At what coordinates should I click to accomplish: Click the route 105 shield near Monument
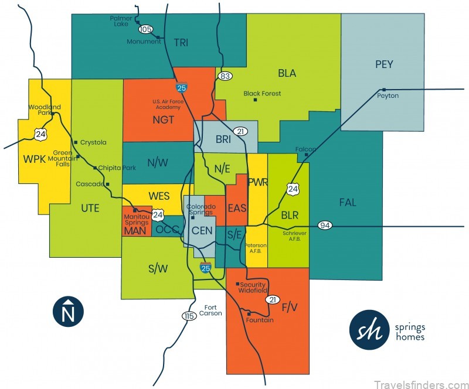pyautogui.click(x=145, y=29)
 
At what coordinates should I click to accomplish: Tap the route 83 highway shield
pyautogui.click(x=224, y=76)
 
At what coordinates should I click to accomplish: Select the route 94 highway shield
pyautogui.click(x=325, y=226)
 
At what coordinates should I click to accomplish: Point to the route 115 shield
pyautogui.click(x=188, y=316)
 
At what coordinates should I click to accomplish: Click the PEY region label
pyautogui.click(x=384, y=64)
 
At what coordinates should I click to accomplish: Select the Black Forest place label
pyautogui.click(x=262, y=94)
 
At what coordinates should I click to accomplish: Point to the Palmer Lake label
pyautogui.click(x=121, y=22)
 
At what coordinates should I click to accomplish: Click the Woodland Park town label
pyautogui.click(x=45, y=110)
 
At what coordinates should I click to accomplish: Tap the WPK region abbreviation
pyautogui.click(x=35, y=159)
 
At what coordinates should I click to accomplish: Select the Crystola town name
pyautogui.click(x=93, y=142)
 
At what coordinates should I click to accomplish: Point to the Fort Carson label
pyautogui.click(x=213, y=310)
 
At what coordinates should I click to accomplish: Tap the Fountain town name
pyautogui.click(x=260, y=320)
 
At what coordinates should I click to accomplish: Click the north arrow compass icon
pyautogui.click(x=68, y=311)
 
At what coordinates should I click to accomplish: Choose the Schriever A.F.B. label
pyautogui.click(x=294, y=236)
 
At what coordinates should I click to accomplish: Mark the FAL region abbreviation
pyautogui.click(x=348, y=203)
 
